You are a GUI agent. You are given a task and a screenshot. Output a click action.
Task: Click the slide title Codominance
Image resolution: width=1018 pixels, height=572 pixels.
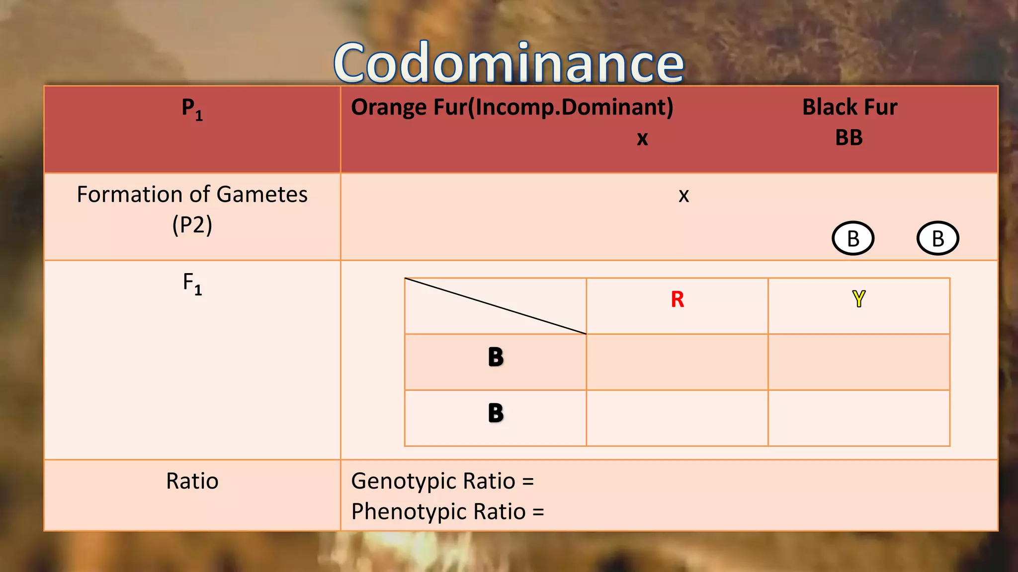(x=509, y=63)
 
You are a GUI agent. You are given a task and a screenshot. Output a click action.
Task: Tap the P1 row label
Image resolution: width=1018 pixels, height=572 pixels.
(x=192, y=109)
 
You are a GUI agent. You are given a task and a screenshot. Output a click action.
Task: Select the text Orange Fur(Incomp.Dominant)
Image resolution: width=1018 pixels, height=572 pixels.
(x=512, y=107)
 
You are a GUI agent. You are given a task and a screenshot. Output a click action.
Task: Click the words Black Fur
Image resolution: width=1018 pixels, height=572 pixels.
(x=849, y=107)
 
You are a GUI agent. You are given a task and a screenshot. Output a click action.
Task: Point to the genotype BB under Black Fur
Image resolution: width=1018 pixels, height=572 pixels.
(x=848, y=138)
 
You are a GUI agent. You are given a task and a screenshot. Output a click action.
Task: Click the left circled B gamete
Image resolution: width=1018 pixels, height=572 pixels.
(x=853, y=238)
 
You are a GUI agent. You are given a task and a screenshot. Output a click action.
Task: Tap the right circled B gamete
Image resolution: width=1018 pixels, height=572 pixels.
(x=937, y=238)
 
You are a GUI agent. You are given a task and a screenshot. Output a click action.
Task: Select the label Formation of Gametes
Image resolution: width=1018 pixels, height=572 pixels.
(x=192, y=194)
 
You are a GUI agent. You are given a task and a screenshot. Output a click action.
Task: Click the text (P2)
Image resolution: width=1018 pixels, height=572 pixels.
(x=192, y=224)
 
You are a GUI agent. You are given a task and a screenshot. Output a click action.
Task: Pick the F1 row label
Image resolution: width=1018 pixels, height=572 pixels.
(x=192, y=284)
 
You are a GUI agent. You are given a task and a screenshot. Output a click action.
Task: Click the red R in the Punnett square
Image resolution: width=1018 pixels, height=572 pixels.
(x=677, y=299)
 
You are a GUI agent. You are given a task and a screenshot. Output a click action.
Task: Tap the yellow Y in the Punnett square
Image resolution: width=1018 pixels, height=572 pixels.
(x=858, y=298)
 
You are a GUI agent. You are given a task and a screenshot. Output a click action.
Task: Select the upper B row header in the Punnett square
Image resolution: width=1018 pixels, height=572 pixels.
(x=496, y=357)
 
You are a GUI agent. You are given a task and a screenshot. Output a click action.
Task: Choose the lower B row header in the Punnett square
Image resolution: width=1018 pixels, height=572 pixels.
(x=496, y=413)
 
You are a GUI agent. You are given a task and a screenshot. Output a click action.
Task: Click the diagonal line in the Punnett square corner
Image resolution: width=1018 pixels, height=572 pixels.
(x=496, y=306)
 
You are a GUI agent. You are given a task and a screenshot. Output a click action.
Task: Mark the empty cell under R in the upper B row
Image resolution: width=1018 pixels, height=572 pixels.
(x=677, y=362)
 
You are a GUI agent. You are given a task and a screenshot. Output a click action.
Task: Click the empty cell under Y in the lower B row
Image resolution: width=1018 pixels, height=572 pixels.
(x=858, y=418)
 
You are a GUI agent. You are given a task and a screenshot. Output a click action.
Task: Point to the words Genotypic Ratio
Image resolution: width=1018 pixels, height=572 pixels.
(x=433, y=481)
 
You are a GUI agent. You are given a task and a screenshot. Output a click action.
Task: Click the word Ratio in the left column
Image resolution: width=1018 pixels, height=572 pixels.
(x=192, y=481)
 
